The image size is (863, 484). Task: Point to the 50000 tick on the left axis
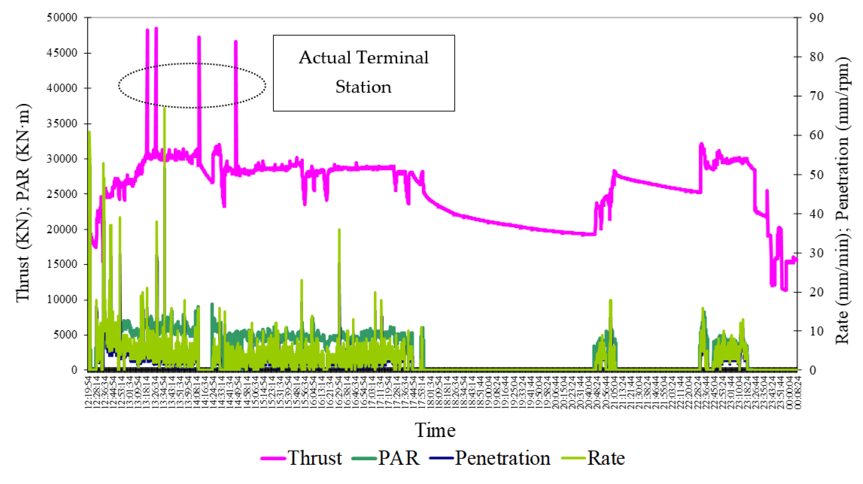point(62,17)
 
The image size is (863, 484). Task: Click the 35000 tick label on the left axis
point(62,123)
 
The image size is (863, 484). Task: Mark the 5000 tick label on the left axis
point(65,335)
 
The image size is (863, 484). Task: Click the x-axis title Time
point(435,430)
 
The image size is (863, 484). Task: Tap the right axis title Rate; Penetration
point(842,201)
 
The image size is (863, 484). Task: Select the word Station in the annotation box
point(364,87)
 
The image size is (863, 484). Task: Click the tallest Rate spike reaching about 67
point(165,109)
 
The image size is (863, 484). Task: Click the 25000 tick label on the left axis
point(62,194)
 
